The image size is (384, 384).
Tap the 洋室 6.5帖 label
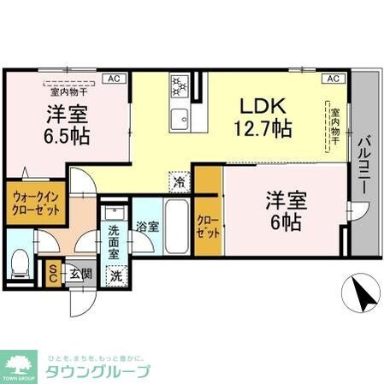pos(67,125)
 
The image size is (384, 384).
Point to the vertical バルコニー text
pos(363,162)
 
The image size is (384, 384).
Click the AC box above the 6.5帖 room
pos(112,79)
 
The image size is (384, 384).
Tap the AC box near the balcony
pos(333,79)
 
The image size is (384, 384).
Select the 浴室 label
pos(146,227)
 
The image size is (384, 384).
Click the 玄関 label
pos(81,273)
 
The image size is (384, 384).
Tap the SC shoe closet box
pos(53,273)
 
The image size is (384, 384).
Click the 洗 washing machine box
pos(115,275)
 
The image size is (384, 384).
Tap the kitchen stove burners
pos(181,86)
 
